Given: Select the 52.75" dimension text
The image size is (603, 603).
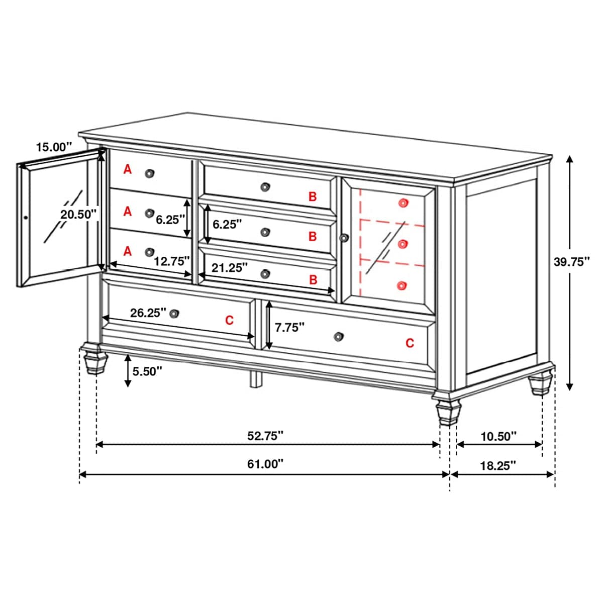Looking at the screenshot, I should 265,436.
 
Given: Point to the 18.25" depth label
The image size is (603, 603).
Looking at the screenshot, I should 498,465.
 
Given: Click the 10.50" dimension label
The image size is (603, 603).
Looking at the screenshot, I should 498,436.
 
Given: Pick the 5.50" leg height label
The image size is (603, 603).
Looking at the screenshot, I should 147,371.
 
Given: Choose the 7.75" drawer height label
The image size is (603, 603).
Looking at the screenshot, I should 289,328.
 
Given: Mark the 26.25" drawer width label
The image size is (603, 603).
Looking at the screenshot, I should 148,313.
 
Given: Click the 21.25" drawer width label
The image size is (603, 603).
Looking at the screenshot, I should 230,267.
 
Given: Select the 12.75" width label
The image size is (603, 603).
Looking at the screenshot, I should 172,261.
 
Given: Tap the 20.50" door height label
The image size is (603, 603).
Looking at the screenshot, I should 78,214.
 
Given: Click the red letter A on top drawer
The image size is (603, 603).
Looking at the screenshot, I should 128,169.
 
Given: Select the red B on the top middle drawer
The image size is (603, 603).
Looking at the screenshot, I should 313,196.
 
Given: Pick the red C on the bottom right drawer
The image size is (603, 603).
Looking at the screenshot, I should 410,343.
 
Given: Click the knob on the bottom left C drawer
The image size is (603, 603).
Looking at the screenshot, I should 174,314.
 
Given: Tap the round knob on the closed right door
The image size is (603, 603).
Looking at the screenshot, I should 344,238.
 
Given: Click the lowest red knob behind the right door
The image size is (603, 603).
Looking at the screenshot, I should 401,285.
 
